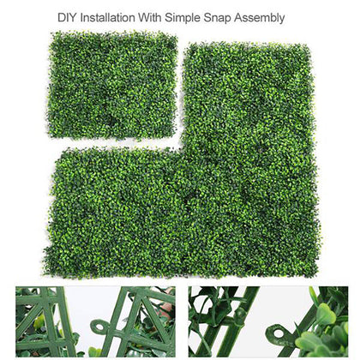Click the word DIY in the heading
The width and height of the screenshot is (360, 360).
(x=69, y=16)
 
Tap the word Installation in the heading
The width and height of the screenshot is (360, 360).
(x=113, y=16)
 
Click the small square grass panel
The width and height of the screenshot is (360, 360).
(x=111, y=86)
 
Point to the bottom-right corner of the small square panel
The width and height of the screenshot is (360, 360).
(x=175, y=138)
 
